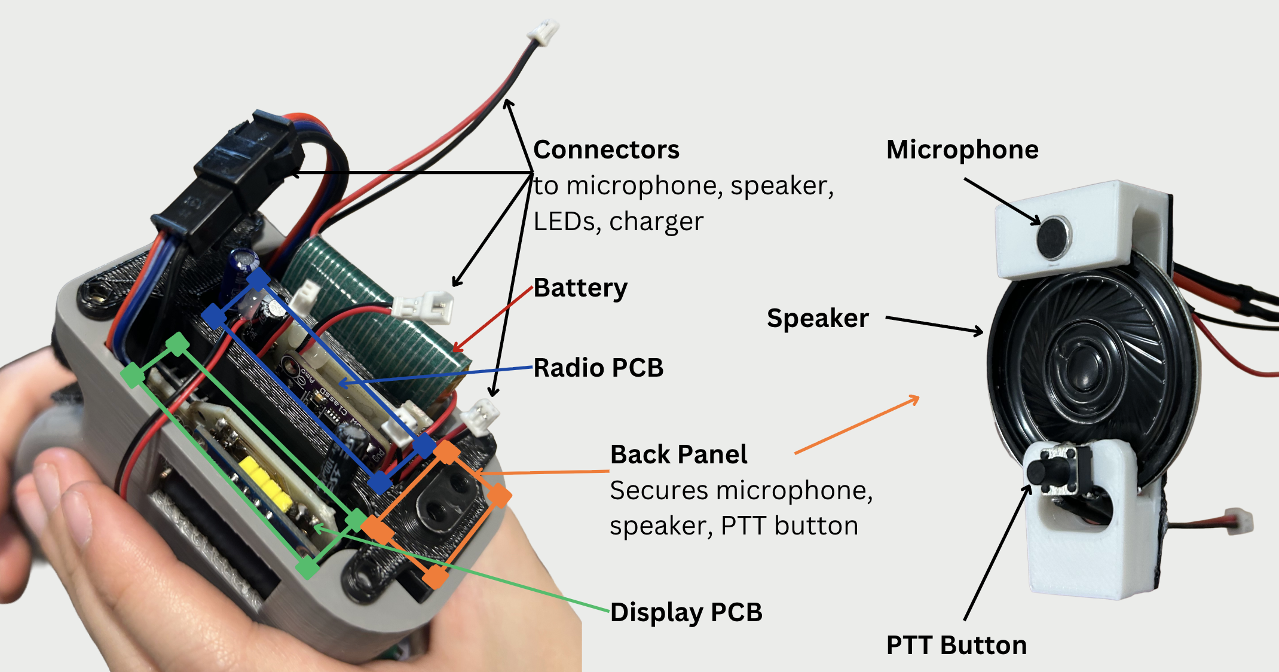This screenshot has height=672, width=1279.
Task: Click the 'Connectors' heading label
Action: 606,149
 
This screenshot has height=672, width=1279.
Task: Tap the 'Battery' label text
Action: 580,288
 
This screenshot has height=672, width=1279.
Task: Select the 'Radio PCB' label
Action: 598,368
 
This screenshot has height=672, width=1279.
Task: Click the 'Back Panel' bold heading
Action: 678,454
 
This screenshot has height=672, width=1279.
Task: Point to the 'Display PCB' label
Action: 686,612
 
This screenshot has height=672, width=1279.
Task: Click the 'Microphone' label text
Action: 962,149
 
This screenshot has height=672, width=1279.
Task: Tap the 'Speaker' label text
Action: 818,318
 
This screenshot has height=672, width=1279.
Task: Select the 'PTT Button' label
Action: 956,645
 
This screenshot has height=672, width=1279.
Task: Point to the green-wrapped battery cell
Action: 383,317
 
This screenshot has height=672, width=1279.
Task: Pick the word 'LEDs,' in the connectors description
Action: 567,221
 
